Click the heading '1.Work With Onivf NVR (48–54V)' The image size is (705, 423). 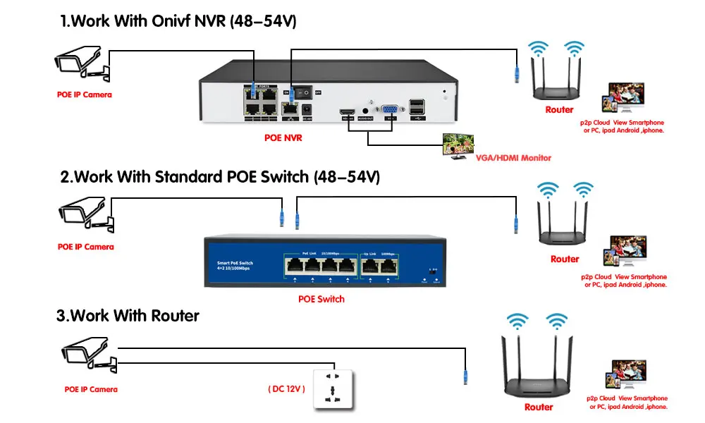click(x=178, y=21)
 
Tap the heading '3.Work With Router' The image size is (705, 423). click(x=128, y=315)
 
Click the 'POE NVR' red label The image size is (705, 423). click(x=283, y=138)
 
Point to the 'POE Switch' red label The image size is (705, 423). click(x=321, y=299)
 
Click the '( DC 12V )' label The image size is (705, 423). click(x=286, y=388)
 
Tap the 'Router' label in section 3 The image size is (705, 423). click(x=539, y=407)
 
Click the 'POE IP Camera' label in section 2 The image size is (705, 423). click(x=85, y=247)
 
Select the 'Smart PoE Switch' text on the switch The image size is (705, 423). click(x=235, y=263)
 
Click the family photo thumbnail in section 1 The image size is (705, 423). click(x=627, y=99)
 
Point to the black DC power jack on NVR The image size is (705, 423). click(x=307, y=109)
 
